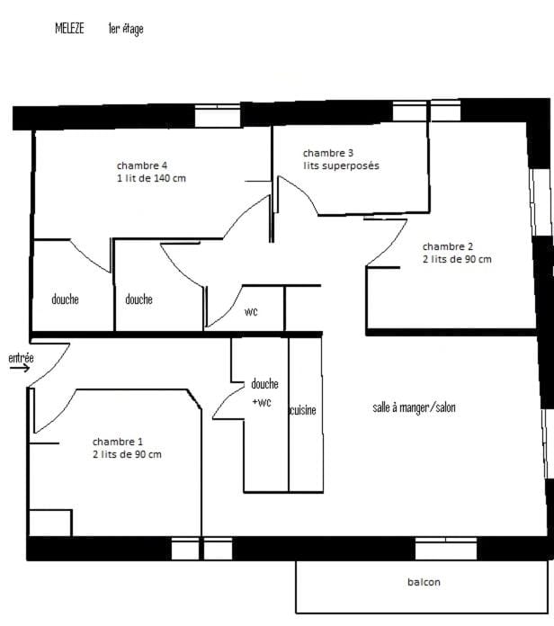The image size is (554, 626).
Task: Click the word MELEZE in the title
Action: point(69,29)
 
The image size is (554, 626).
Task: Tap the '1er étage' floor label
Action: point(126,29)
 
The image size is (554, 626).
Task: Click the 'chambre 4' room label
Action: point(142,165)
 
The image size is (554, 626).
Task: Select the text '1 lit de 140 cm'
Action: point(151,178)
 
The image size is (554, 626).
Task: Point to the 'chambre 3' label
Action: point(328,153)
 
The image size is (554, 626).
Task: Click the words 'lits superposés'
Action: point(341,165)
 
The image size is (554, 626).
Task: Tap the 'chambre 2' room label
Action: point(448,246)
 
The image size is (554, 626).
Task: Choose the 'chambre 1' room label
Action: point(117,442)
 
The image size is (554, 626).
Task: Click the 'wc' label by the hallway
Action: point(251,311)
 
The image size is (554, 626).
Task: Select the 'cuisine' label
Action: point(302,410)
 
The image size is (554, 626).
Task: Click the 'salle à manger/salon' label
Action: point(414,407)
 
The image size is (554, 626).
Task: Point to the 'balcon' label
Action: point(424,582)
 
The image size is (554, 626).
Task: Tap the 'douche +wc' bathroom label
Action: point(264,393)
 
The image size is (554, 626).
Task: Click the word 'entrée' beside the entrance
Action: point(22,358)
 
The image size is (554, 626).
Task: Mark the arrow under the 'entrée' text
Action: point(20,368)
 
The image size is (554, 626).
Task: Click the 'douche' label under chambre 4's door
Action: point(65,299)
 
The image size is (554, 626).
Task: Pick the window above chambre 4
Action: point(218,116)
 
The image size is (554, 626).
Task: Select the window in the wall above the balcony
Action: point(446,549)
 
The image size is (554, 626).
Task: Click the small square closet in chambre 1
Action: point(50,523)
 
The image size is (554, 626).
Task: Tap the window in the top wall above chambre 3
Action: point(409,111)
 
